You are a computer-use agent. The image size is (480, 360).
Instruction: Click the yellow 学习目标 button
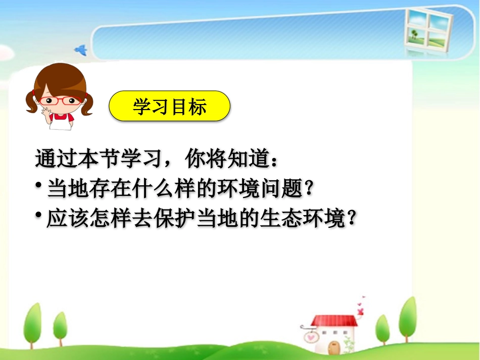170,107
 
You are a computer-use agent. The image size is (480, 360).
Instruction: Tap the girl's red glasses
59,100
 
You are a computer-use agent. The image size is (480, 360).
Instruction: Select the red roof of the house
333,321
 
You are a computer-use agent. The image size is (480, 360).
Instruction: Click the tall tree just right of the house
408,318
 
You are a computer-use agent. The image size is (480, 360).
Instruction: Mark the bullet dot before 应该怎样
38,215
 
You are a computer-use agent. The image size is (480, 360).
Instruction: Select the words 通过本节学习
95,160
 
